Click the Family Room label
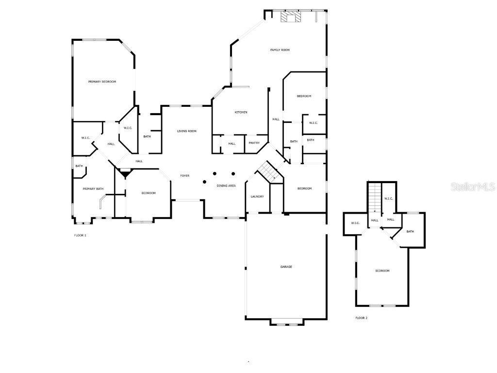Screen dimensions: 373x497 coord(280,50)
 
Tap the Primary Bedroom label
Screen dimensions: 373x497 coord(102,82)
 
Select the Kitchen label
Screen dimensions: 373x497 coord(241,112)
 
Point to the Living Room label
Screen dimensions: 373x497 coord(186,131)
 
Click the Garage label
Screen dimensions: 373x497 coord(286,267)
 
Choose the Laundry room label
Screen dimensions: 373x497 coord(257,197)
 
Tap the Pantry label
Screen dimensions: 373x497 coord(254,143)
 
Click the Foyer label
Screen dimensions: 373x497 coord(185,176)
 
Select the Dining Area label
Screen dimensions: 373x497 coord(226,186)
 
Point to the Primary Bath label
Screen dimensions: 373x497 coord(93,189)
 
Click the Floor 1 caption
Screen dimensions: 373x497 coord(80,236)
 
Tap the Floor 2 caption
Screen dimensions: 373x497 coord(361,318)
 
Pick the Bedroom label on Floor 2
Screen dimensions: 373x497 coord(382,271)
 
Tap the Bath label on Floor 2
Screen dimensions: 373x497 coord(410,232)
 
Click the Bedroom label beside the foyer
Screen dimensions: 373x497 coord(149,193)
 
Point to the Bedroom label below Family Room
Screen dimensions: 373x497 coord(304,96)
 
